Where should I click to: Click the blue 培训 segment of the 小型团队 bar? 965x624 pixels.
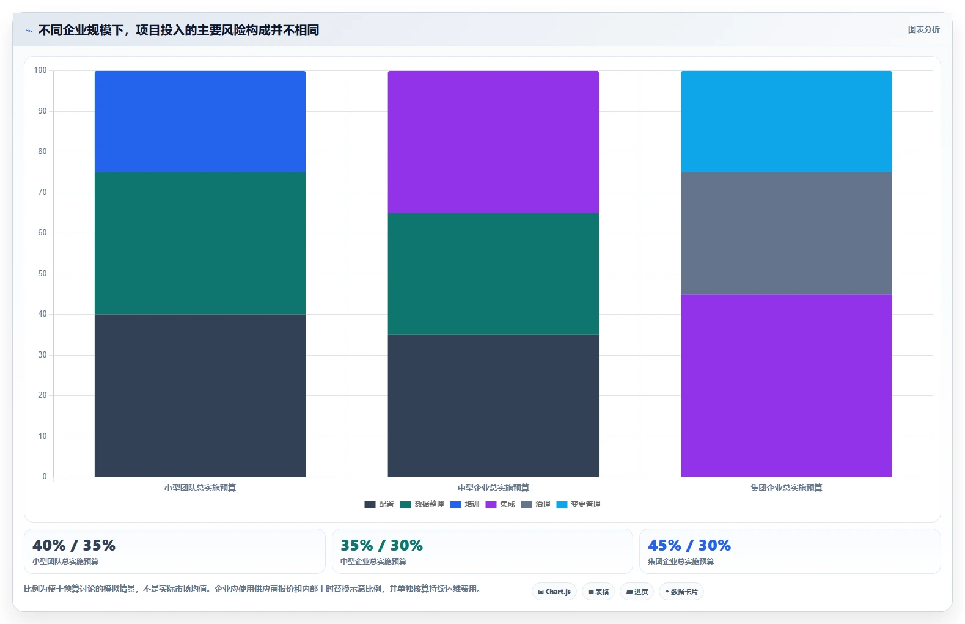200,122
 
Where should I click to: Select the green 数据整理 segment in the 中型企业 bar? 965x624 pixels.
493,274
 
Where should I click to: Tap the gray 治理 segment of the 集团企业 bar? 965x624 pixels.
786,233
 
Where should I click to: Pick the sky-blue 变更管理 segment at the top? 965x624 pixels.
786,122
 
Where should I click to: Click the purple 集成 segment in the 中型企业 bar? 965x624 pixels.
493,142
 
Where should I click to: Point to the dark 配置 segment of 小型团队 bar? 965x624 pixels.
200,395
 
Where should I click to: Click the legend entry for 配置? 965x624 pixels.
379,504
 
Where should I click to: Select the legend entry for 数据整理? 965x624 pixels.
422,504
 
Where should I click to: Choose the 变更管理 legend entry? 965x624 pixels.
578,504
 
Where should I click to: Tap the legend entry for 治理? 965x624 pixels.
535,504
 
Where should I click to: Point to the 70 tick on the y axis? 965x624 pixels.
42,192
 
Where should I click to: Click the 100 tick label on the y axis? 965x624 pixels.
40,70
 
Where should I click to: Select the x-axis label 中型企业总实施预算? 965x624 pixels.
493,488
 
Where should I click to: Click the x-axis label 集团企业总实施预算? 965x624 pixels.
786,488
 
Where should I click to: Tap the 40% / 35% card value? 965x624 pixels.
74,546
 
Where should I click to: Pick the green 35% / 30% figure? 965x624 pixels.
382,546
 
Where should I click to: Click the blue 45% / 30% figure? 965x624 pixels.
689,546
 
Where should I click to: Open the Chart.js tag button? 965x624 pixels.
554,592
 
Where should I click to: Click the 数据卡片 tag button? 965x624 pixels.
681,592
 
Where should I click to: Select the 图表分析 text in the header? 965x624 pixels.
923,30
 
